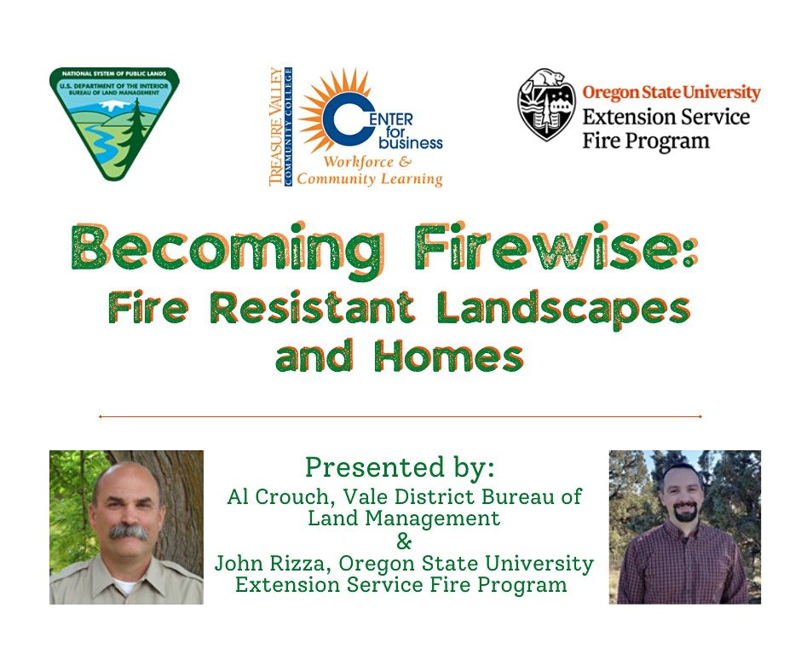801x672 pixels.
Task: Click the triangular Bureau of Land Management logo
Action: pyautogui.click(x=114, y=119)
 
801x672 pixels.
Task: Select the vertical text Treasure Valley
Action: pyautogui.click(x=276, y=126)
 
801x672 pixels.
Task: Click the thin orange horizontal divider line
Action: pyautogui.click(x=400, y=417)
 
